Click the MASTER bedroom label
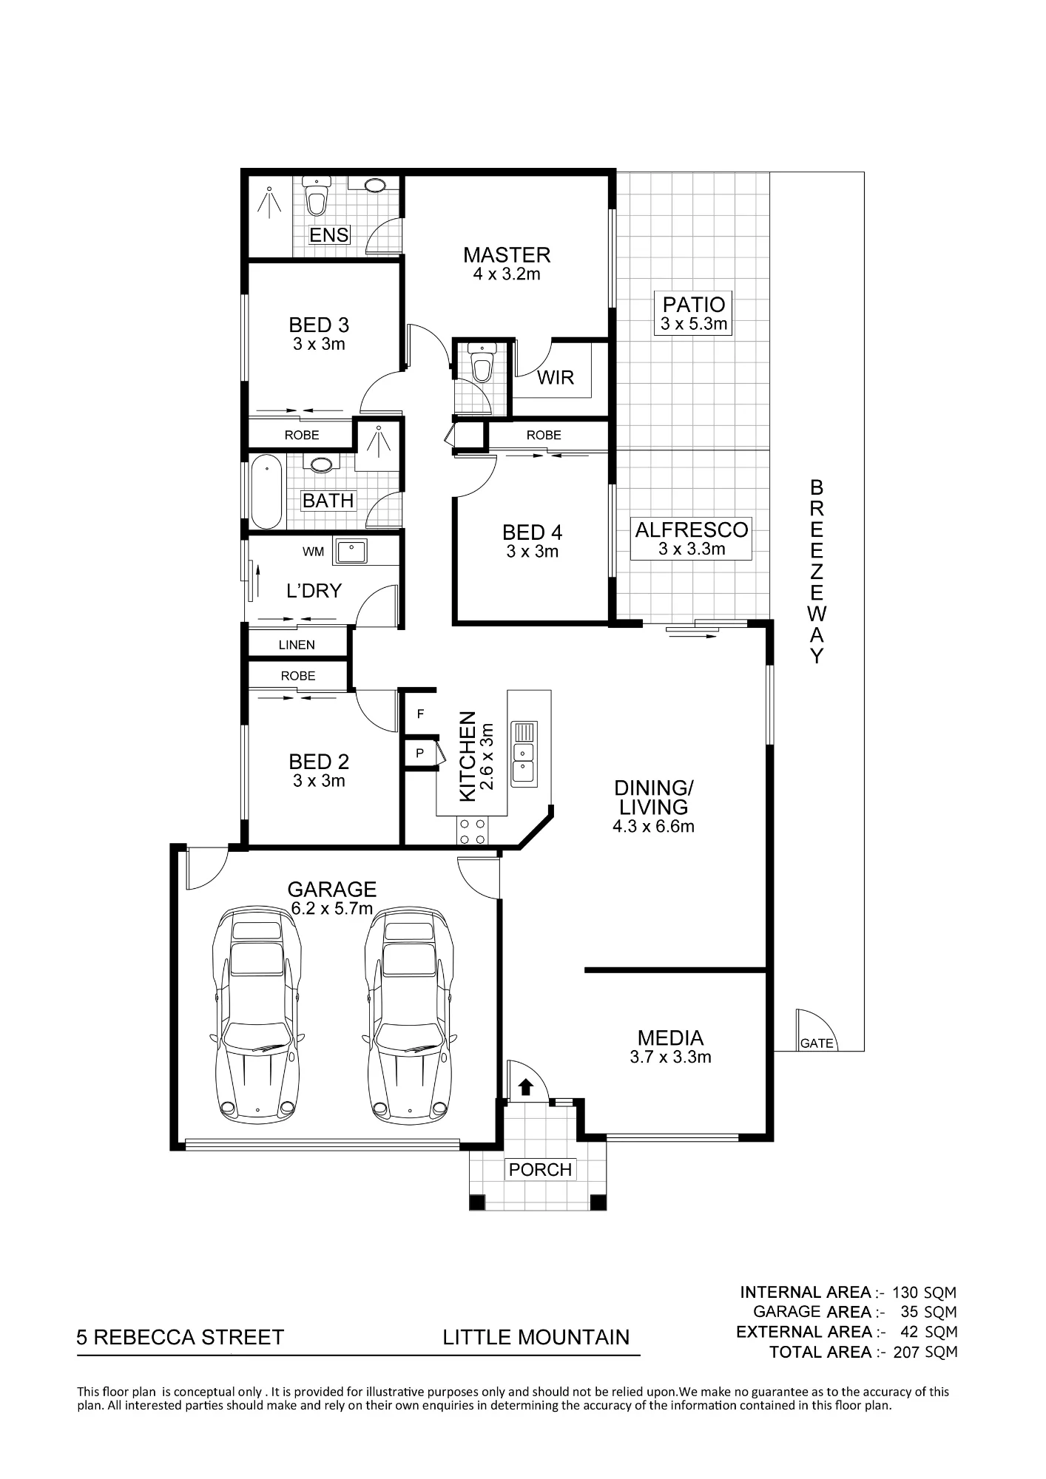tap(507, 255)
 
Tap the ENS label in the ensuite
tap(329, 235)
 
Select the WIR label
tap(555, 377)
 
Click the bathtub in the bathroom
tap(266, 492)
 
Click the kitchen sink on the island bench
tap(524, 754)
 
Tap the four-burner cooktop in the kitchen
tap(472, 830)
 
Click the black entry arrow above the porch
tap(526, 1086)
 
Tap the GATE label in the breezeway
tap(817, 1043)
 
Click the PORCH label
tap(540, 1169)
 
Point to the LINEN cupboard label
tap(297, 645)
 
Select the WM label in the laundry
tap(313, 552)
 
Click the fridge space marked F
tap(420, 714)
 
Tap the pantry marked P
tap(419, 754)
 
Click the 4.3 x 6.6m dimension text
tap(653, 826)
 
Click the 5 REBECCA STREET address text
tap(180, 1337)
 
